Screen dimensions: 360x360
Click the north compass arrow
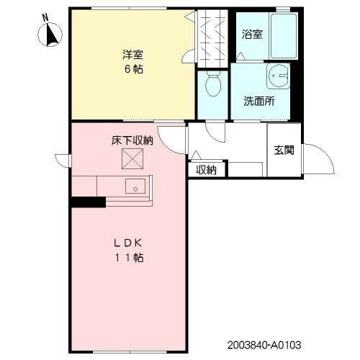point(52,35)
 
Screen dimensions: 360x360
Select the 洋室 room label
point(131,54)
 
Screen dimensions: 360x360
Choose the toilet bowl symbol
point(213,86)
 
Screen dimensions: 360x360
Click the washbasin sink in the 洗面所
point(276,78)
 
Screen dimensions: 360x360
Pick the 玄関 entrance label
point(284,150)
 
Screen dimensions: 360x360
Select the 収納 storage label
point(207,170)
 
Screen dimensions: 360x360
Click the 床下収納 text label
point(132,140)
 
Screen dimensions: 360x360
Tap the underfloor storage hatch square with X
point(132,159)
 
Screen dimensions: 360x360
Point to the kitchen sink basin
point(135,186)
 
